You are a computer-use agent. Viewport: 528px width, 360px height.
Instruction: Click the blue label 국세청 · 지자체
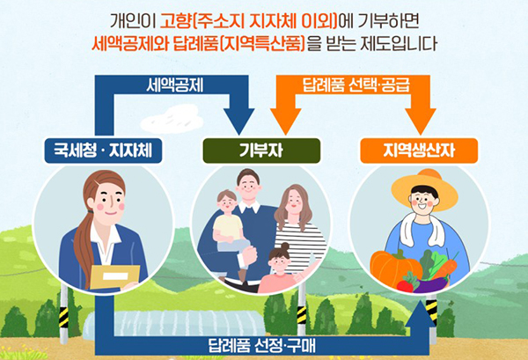coord(103,151)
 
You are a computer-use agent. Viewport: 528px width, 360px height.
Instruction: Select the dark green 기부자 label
coord(261,151)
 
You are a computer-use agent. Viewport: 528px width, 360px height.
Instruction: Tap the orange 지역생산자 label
coord(419,151)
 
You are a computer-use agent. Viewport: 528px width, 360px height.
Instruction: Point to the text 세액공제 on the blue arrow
coord(175,85)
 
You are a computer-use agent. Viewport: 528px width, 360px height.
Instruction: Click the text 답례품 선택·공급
coord(356,84)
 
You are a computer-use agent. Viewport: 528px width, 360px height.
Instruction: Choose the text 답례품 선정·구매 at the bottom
coord(261,346)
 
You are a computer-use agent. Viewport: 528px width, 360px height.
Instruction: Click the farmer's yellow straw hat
coord(425,189)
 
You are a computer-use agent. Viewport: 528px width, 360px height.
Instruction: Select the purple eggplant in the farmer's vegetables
coord(432,285)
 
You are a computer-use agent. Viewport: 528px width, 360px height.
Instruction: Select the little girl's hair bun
coord(285,246)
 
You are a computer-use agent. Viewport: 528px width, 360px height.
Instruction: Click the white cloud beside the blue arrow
coord(172,120)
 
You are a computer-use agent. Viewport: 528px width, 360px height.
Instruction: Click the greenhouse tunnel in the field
coord(173,323)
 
